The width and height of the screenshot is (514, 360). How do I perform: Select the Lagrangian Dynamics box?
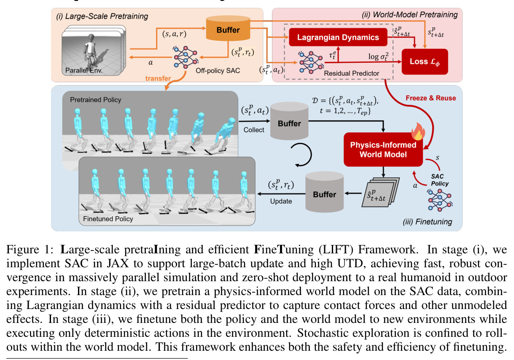(x=338, y=37)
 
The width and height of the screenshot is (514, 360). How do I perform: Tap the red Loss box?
(x=425, y=62)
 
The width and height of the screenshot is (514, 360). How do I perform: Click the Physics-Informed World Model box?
(x=383, y=150)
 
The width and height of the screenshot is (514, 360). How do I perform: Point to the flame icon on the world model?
(x=418, y=132)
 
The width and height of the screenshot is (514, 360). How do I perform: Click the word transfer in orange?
(x=158, y=78)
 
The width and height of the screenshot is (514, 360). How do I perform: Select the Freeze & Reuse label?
(x=431, y=98)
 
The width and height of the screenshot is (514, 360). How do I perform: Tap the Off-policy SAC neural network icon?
(x=186, y=57)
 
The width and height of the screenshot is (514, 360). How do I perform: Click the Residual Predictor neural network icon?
(x=311, y=62)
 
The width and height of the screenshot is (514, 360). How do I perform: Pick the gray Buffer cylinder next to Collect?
(x=289, y=121)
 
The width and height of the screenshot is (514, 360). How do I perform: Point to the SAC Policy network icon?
(x=439, y=200)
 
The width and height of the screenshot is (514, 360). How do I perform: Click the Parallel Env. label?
(x=84, y=70)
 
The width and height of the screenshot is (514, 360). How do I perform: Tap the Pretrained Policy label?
(x=95, y=99)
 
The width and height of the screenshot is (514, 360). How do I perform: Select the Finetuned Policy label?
(x=108, y=219)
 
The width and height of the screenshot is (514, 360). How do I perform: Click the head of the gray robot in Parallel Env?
(x=91, y=37)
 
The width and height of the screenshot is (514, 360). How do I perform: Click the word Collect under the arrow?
(x=254, y=130)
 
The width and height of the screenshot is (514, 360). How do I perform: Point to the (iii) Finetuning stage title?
(x=428, y=222)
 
